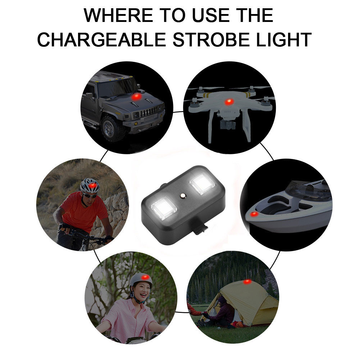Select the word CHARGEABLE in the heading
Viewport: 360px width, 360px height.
101,40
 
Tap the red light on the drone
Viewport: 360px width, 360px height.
229,102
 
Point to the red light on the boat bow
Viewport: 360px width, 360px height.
254,214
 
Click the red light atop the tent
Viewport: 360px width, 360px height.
247,282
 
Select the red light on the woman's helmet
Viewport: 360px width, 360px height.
145,278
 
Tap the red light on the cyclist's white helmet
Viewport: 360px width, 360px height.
92,185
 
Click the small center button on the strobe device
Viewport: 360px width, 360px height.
183,196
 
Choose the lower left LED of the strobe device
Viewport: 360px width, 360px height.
164,208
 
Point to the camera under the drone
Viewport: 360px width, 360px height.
228,125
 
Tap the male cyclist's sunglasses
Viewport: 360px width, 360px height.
90,195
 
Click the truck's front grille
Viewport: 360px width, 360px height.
149,112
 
